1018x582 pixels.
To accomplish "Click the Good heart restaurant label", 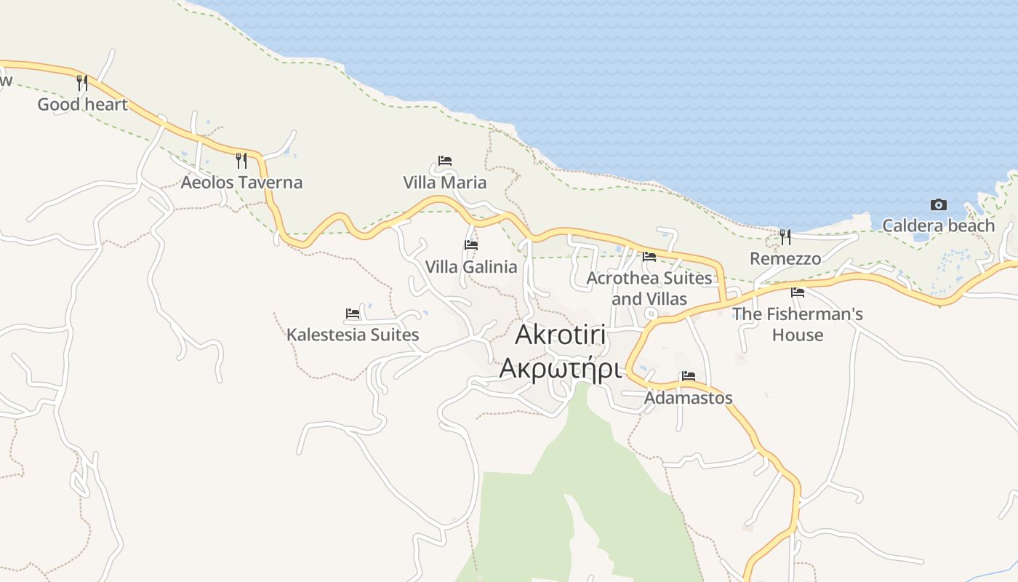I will (82, 105).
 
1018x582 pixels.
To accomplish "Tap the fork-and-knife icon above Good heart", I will (82, 83).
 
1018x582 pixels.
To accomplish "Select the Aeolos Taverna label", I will (241, 183).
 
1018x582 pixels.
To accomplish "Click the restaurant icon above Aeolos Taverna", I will (241, 160).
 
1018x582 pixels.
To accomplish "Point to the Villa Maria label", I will (445, 183).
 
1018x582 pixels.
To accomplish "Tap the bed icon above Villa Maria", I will (445, 160).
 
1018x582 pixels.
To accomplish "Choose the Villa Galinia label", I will (471, 267).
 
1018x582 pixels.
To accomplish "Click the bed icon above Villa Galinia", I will (471, 245).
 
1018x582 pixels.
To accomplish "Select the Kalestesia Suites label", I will (353, 335).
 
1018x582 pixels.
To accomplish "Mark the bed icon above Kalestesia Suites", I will (353, 314).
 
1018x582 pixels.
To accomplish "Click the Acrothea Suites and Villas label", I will (649, 288).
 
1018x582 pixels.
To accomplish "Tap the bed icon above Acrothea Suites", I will (649, 256).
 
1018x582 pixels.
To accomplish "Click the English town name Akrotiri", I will (561, 335).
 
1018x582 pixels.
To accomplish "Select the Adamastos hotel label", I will (689, 399).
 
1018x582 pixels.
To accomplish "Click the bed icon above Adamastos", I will (689, 376).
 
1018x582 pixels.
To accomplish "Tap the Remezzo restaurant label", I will (785, 259).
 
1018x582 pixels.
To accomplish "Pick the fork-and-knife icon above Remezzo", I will (785, 236).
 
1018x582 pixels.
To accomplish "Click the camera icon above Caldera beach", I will (939, 205).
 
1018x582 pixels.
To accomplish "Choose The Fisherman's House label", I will (798, 324).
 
